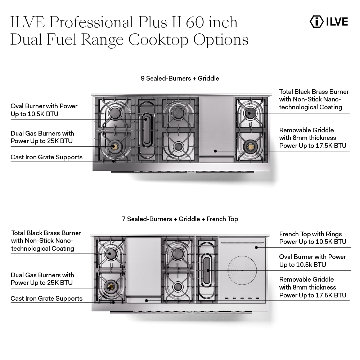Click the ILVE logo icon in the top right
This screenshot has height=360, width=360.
pyautogui.click(x=317, y=21)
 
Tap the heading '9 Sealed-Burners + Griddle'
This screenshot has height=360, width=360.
pyautogui.click(x=180, y=78)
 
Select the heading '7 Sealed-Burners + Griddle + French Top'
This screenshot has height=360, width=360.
pyautogui.click(x=180, y=219)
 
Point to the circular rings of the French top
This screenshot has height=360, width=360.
pyautogui.click(x=242, y=270)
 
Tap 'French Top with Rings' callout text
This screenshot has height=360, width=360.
pyautogui.click(x=310, y=234)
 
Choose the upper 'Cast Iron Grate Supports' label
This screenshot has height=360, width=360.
pyautogui.click(x=46, y=157)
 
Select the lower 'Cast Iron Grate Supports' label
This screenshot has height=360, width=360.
pyautogui.click(x=46, y=299)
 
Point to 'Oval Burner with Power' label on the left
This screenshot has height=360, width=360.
pyautogui.click(x=44, y=106)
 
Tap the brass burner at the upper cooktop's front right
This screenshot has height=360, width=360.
pyautogui.click(x=249, y=146)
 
